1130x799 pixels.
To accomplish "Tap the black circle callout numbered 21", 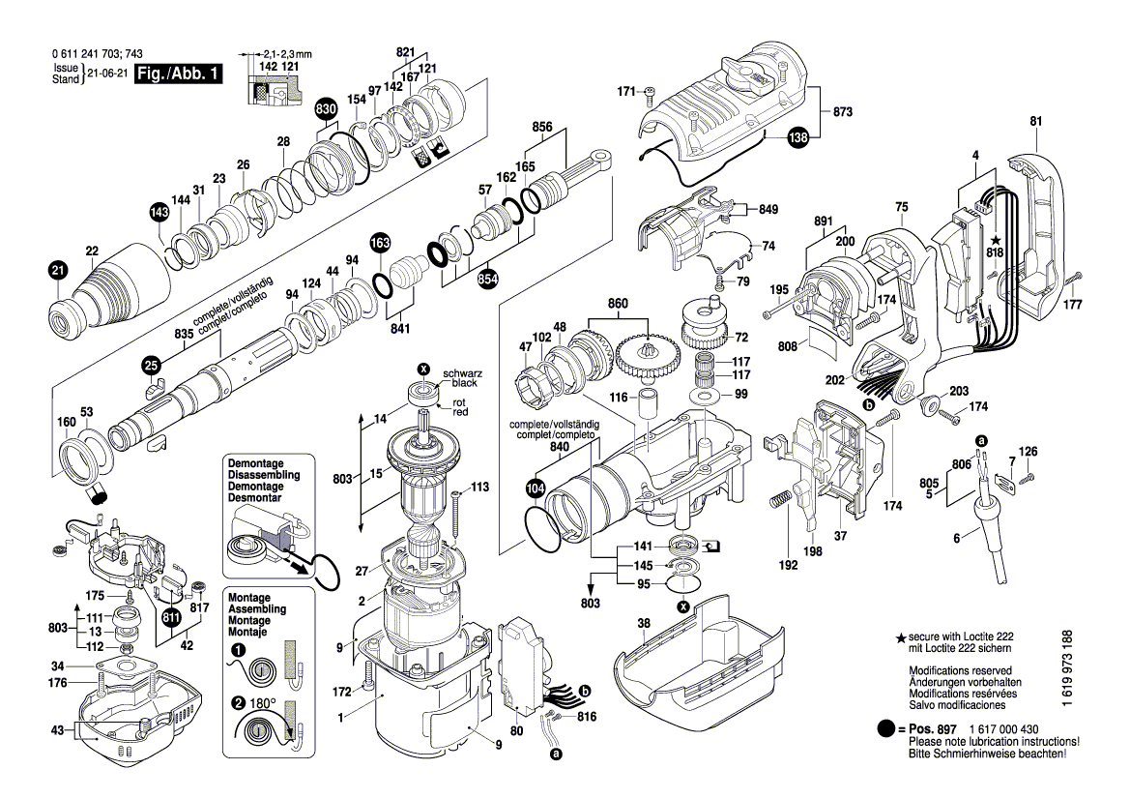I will pos(58,271).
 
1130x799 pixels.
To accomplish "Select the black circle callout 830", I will pos(326,110).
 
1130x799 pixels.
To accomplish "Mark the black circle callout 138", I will pos(797,137).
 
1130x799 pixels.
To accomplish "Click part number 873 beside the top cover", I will pos(842,113).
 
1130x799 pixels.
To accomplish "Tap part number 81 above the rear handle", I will pos(1036,121).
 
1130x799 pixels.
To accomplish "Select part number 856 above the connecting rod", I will pos(542,127).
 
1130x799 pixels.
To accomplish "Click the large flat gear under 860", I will pos(648,359).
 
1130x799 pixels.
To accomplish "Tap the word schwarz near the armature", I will pos(461,373).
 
